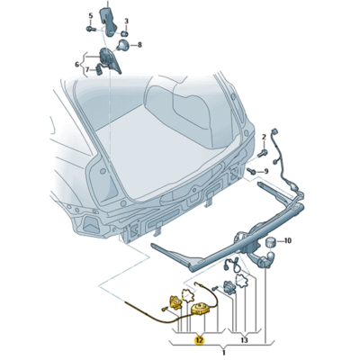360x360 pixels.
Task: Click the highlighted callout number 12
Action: point(199,340)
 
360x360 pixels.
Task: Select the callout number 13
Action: point(244,340)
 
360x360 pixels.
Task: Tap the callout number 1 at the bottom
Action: point(223,353)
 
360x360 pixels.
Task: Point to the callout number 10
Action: point(287,240)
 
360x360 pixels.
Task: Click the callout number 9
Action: point(266,172)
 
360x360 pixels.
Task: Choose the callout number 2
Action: point(264,137)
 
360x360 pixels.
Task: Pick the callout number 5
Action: point(91,16)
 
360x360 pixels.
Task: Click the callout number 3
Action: point(126,21)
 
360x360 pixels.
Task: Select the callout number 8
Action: point(139,45)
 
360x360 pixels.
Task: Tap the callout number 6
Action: point(77,64)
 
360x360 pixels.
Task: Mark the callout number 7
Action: point(87,70)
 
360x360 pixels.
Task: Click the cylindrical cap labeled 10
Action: point(271,241)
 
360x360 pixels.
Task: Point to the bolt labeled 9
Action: point(252,171)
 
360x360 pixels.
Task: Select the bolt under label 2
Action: point(264,152)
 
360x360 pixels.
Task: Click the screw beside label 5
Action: point(90,29)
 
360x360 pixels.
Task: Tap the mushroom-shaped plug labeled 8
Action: point(122,45)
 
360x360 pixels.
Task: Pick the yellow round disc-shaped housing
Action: point(199,310)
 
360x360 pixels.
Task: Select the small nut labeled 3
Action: point(125,32)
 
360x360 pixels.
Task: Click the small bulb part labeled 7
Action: point(99,70)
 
